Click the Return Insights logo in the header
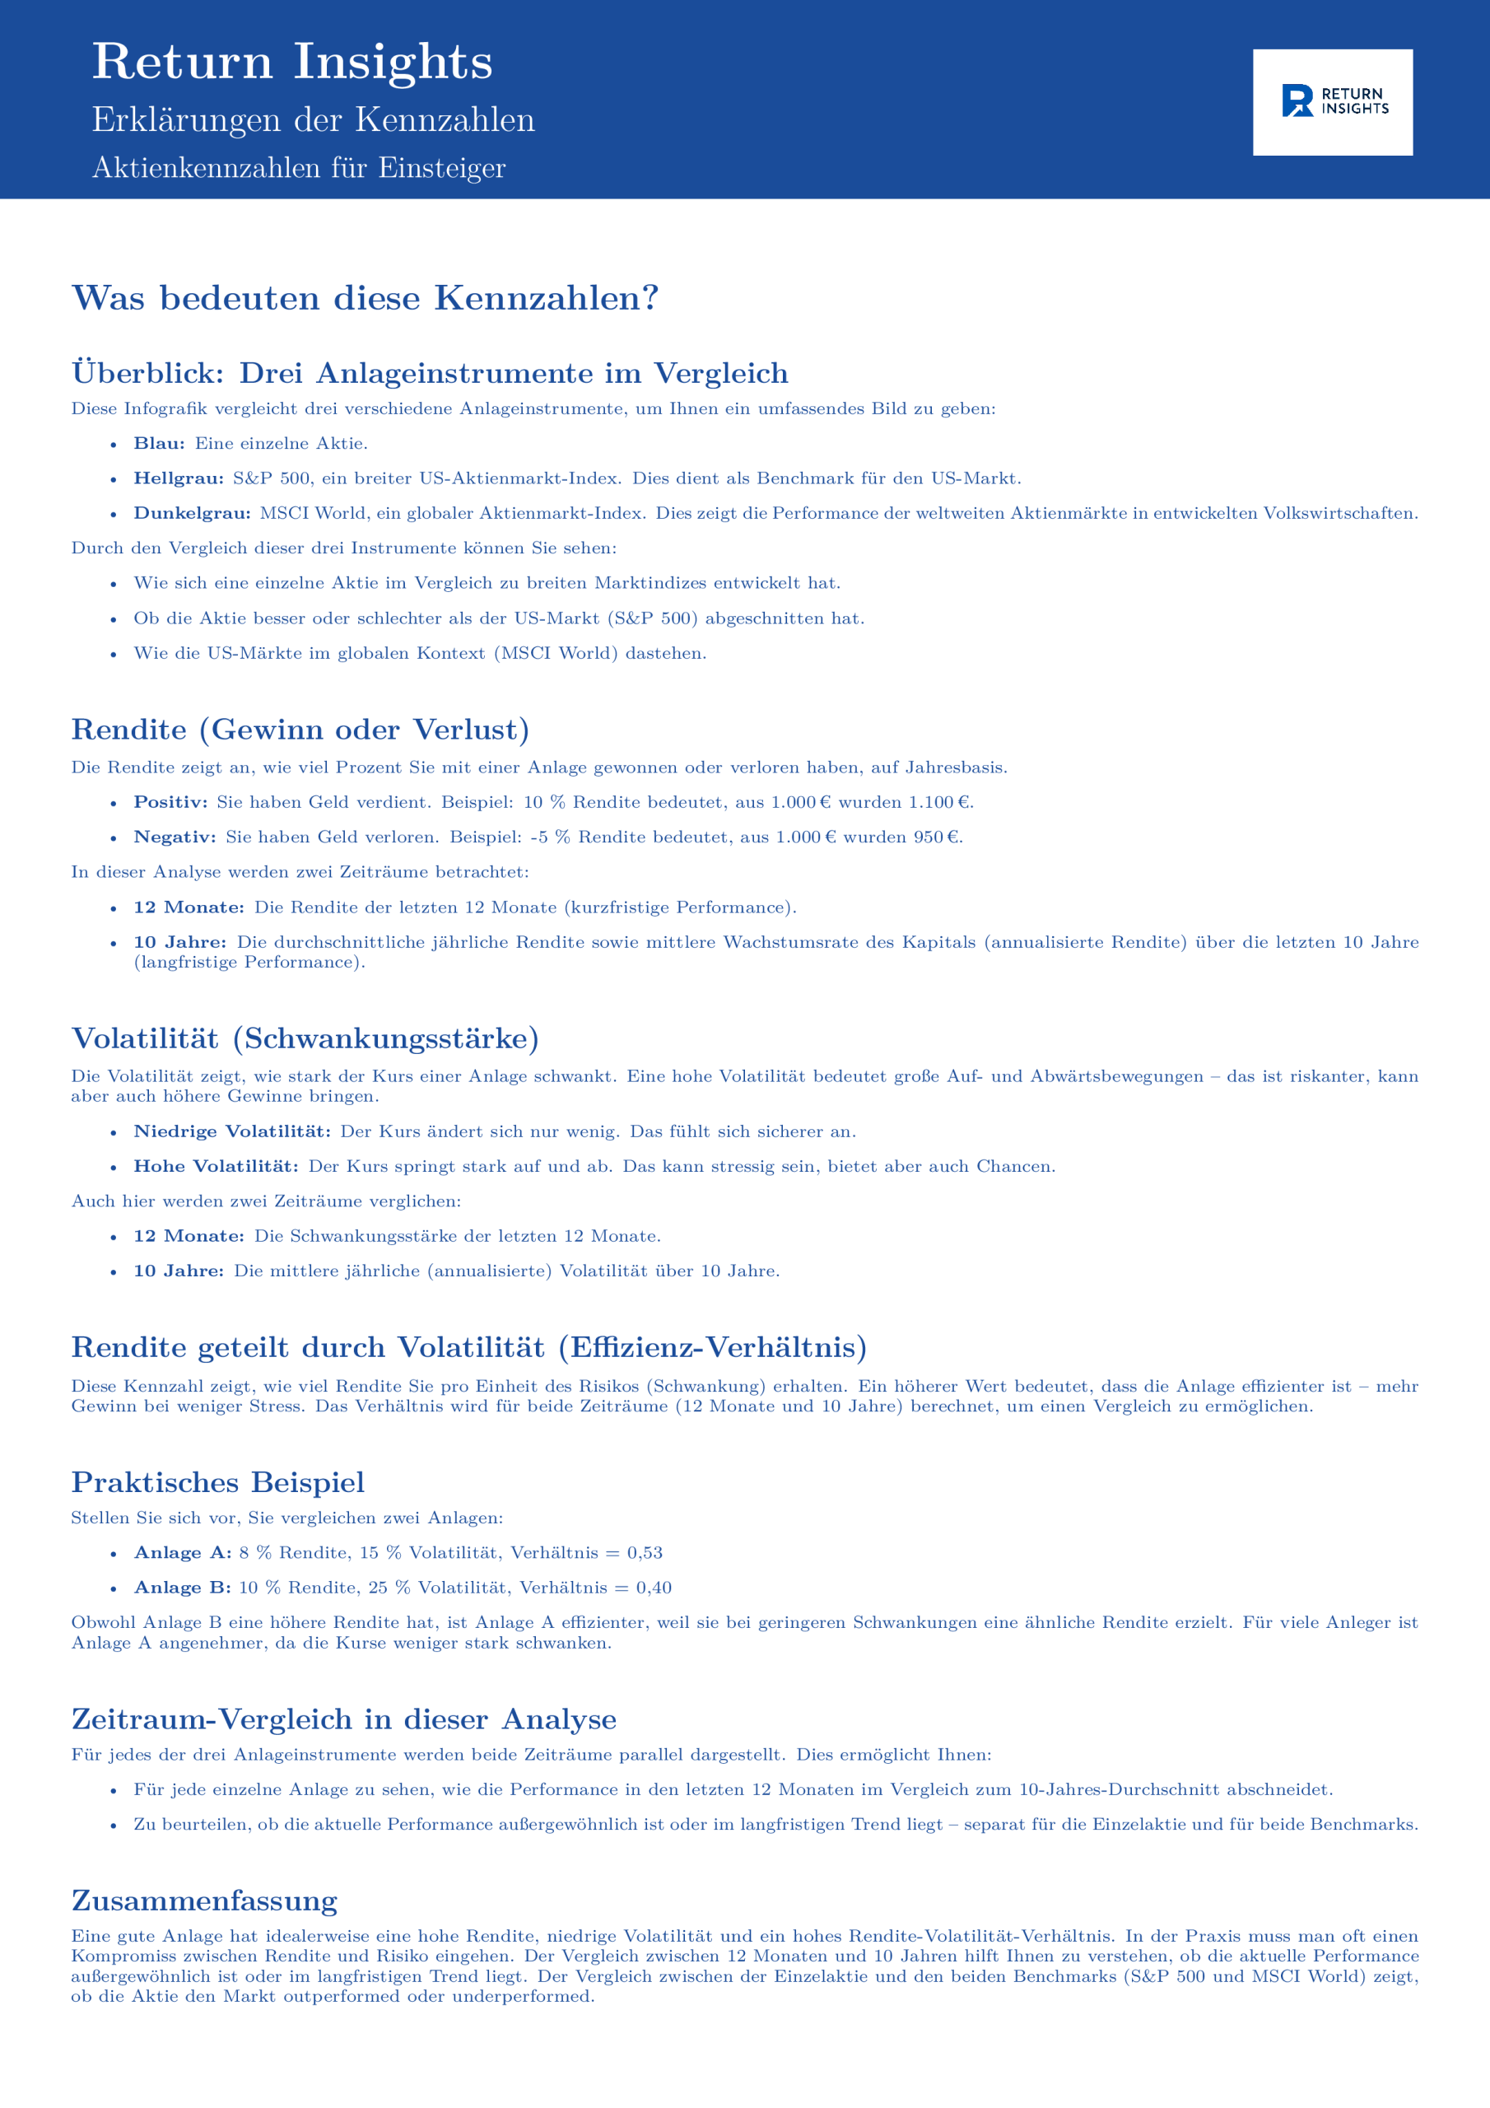(x=1332, y=102)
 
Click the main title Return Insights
(x=292, y=62)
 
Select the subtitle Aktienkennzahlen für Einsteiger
(x=298, y=168)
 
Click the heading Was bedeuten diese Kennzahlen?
(x=365, y=297)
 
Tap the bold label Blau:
(x=159, y=444)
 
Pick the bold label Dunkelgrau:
(x=192, y=513)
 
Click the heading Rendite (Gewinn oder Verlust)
(x=300, y=729)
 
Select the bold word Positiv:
(x=170, y=802)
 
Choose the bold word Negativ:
(x=175, y=837)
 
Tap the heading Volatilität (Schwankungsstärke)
(x=305, y=1038)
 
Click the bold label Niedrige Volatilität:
(x=232, y=1132)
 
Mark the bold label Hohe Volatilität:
(x=216, y=1167)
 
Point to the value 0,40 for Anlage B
(x=654, y=1588)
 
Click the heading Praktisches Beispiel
(x=217, y=1483)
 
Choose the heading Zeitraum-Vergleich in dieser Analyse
(x=343, y=1719)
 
